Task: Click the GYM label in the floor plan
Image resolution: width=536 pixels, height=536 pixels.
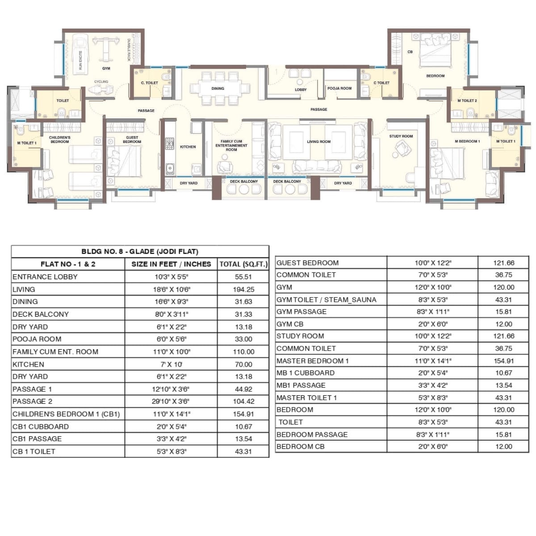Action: pyautogui.click(x=106, y=68)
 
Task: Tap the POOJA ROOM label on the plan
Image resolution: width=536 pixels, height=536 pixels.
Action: pyautogui.click(x=339, y=88)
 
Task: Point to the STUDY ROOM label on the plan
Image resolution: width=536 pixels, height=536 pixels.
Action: pyautogui.click(x=401, y=136)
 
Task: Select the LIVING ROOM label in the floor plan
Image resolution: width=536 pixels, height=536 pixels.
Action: pyautogui.click(x=318, y=142)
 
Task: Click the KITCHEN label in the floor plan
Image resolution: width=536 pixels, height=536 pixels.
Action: pyautogui.click(x=188, y=147)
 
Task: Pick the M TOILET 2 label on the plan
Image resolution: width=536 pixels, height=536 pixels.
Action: pyautogui.click(x=467, y=100)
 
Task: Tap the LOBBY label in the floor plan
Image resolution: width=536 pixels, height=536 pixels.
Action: pyautogui.click(x=301, y=90)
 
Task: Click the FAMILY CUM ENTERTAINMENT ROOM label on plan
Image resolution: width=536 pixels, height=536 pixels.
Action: pyautogui.click(x=231, y=146)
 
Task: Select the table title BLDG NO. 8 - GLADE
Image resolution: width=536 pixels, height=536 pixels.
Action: pyautogui.click(x=140, y=251)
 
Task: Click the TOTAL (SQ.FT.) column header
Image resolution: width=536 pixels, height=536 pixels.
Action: pyautogui.click(x=243, y=264)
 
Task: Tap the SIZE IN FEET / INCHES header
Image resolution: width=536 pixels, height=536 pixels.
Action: pyautogui.click(x=171, y=264)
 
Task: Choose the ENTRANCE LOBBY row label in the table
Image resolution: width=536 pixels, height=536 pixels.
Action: pyautogui.click(x=45, y=277)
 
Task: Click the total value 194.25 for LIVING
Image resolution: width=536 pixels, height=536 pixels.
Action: pyautogui.click(x=243, y=289)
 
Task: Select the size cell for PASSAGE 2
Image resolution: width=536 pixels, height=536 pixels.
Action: pyautogui.click(x=171, y=401)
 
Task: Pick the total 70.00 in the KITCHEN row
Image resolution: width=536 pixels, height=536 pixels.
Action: pyautogui.click(x=243, y=364)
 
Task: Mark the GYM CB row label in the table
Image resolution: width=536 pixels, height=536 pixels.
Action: pyautogui.click(x=290, y=324)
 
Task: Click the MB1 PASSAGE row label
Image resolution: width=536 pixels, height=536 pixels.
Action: pyautogui.click(x=301, y=385)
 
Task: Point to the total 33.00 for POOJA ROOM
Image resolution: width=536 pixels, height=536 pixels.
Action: pyautogui.click(x=243, y=339)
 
